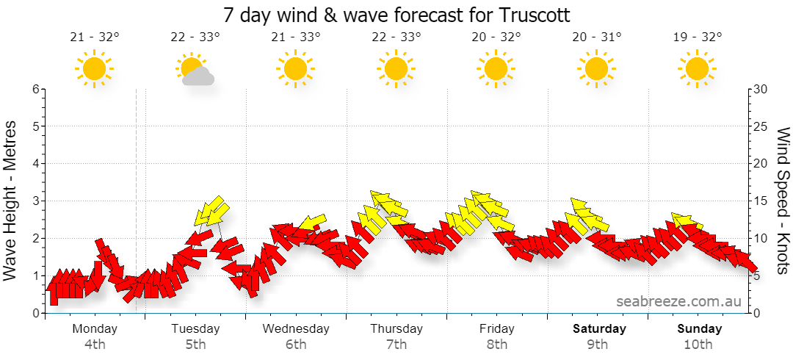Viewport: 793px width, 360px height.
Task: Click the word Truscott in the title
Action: click(535, 15)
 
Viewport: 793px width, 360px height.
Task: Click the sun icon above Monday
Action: click(94, 68)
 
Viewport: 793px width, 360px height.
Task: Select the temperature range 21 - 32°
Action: click(95, 37)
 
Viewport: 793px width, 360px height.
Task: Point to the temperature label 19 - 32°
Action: click(698, 37)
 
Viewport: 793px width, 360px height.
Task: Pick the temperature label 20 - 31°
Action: click(597, 37)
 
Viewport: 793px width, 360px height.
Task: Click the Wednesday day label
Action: click(296, 328)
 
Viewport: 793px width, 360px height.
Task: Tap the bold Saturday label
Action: click(599, 328)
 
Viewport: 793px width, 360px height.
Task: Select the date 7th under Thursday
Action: click(396, 345)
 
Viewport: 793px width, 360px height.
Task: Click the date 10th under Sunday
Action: click(699, 345)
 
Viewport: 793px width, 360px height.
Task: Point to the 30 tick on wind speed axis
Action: click(760, 89)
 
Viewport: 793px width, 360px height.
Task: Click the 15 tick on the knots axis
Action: click(760, 201)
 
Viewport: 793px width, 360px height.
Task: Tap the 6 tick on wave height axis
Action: click(36, 89)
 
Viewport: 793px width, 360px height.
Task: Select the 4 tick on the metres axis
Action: click(36, 164)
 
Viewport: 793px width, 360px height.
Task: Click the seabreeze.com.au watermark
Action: click(678, 302)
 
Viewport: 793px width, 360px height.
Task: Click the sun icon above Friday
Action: click(496, 68)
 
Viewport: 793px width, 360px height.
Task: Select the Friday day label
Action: click(497, 328)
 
